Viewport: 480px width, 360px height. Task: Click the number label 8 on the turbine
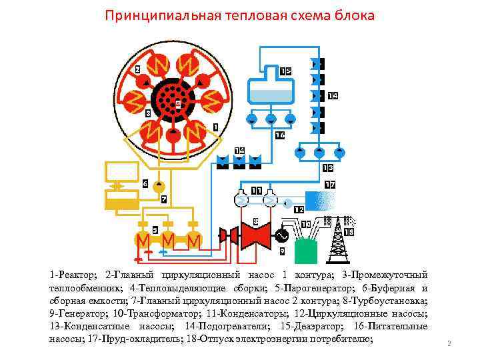point(255,221)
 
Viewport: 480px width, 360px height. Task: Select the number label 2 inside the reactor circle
point(137,69)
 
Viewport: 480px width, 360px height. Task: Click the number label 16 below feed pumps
point(280,135)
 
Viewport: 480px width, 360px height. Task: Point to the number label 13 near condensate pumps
point(327,167)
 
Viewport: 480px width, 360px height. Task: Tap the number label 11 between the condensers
point(257,191)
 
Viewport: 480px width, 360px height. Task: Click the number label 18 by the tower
point(349,231)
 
